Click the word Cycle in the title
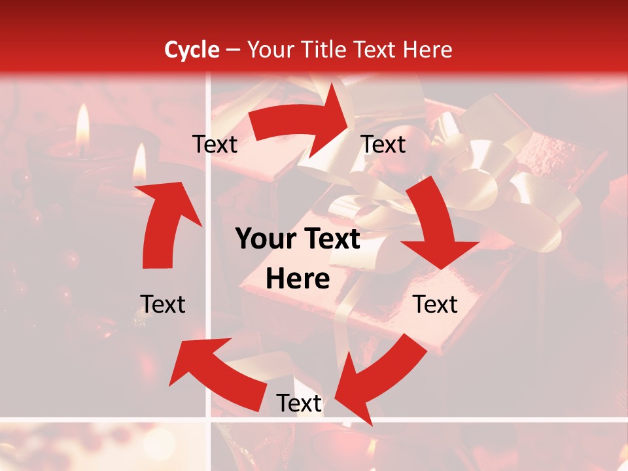click(x=192, y=50)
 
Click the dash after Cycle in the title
click(x=232, y=50)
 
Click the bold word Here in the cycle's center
click(x=298, y=279)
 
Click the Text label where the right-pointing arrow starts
click(x=215, y=145)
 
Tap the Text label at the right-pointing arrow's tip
click(x=383, y=145)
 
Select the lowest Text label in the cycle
click(x=299, y=404)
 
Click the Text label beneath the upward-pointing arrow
click(x=163, y=304)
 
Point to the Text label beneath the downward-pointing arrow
click(x=436, y=304)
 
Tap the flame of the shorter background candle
click(x=139, y=164)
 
